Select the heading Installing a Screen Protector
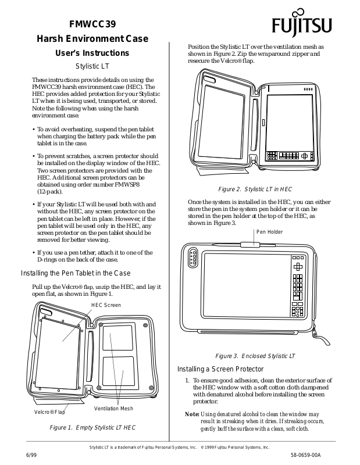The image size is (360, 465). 220,369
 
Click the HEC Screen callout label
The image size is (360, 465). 106,305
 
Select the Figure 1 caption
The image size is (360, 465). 93,427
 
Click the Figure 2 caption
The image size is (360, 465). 255,189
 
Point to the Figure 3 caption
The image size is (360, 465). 255,356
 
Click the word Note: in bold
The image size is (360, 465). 192,414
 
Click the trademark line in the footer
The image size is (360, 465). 180,447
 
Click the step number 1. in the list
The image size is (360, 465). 188,380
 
